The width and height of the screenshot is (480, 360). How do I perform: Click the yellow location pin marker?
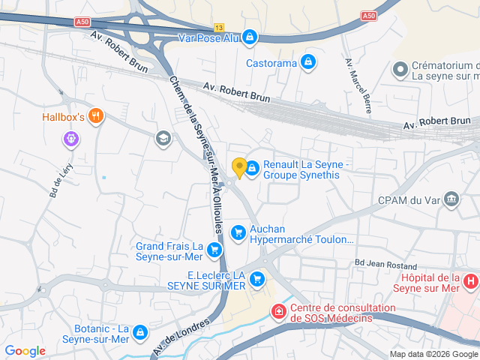[239, 168]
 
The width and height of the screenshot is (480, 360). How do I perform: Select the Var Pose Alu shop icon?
[250, 37]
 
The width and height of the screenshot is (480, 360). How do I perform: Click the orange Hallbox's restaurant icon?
[95, 116]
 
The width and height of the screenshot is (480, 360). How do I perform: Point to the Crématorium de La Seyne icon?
[400, 70]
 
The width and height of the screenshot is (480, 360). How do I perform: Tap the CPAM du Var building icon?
[451, 199]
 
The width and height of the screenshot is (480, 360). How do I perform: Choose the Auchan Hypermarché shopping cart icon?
[238, 233]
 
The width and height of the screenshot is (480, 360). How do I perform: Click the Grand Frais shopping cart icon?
[215, 250]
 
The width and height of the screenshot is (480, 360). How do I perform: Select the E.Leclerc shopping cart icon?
[257, 280]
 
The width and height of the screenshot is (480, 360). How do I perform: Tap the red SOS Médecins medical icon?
[278, 310]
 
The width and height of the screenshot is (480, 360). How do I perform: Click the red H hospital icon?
[470, 282]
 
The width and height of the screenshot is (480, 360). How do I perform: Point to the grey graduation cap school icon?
[162, 138]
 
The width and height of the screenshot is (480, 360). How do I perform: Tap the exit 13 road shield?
[218, 27]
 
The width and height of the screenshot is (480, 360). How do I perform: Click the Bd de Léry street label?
[58, 181]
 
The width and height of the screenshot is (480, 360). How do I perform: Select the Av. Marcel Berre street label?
[358, 85]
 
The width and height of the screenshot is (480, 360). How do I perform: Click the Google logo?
[25, 351]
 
